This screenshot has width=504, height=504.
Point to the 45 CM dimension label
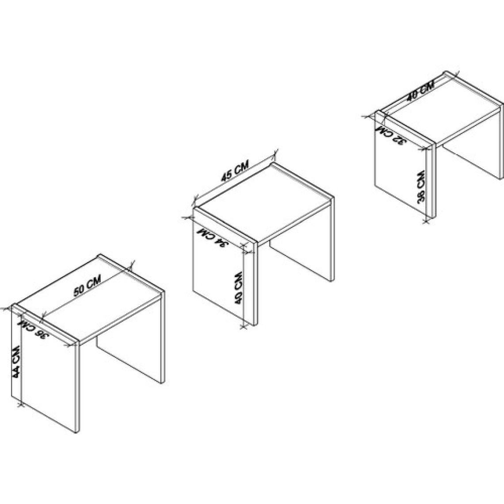235,172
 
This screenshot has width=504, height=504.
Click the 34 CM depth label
213,237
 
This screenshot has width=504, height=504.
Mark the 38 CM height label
421,187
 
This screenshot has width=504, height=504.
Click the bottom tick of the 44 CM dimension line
21,404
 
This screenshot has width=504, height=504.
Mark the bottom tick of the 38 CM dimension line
427,220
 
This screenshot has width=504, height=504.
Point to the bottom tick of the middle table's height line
244,327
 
